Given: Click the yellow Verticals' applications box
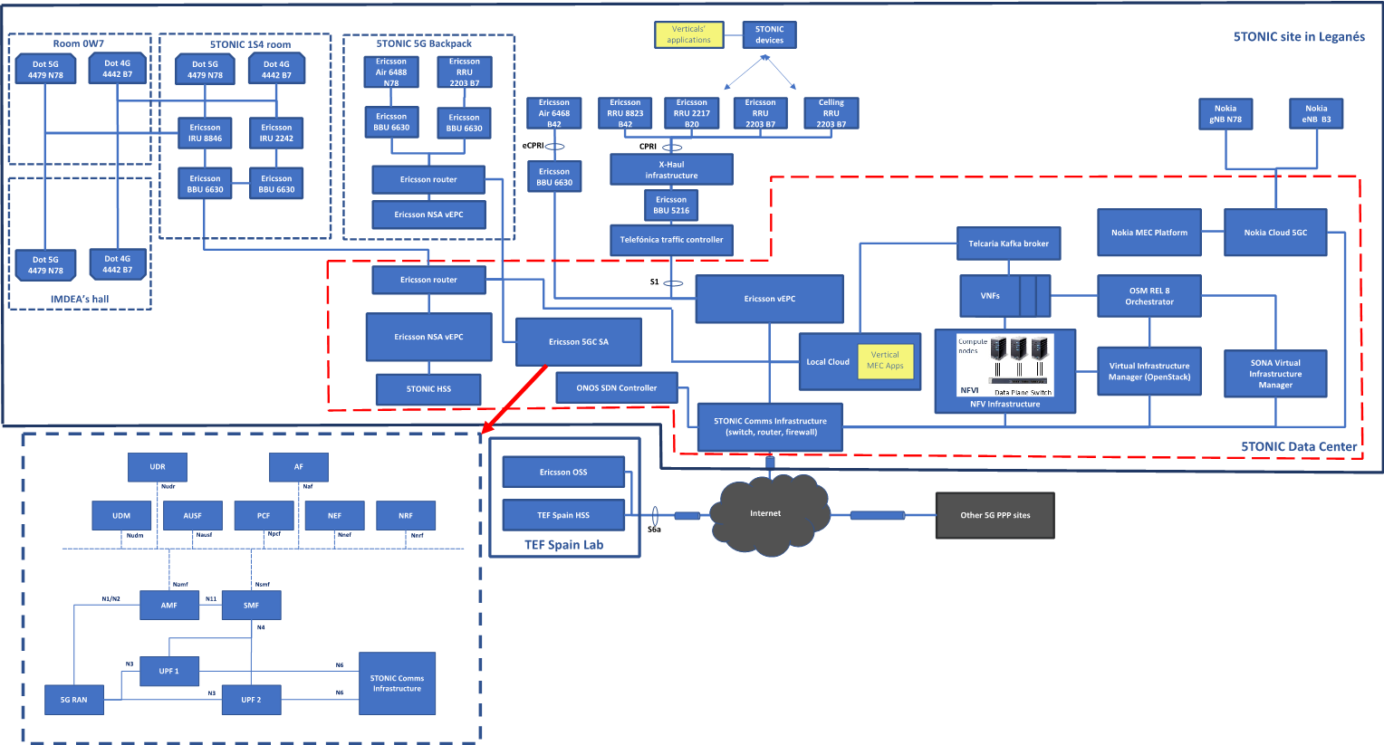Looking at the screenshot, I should click(688, 34).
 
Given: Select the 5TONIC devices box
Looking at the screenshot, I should click(769, 34).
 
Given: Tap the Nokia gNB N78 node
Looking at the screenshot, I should click(1225, 114).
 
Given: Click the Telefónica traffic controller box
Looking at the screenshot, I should click(671, 240).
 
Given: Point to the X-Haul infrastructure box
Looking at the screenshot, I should click(671, 169).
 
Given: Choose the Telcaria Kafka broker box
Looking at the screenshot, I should click(1008, 244).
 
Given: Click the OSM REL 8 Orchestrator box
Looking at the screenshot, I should click(1149, 296).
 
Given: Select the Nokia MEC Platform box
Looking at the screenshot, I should click(1149, 233).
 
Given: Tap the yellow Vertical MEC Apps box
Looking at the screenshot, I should click(885, 360).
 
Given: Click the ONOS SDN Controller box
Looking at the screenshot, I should click(616, 388).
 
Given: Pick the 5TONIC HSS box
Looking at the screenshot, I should click(428, 389).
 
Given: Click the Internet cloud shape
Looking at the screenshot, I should click(766, 514).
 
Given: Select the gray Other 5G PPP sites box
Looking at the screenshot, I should click(995, 515).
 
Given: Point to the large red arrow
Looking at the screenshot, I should click(514, 398).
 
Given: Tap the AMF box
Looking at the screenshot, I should click(169, 605).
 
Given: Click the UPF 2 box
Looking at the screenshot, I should click(251, 700).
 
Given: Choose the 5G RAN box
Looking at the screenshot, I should click(74, 700).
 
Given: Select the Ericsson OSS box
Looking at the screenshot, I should click(563, 472).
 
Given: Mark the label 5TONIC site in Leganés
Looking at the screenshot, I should click(1298, 37).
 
